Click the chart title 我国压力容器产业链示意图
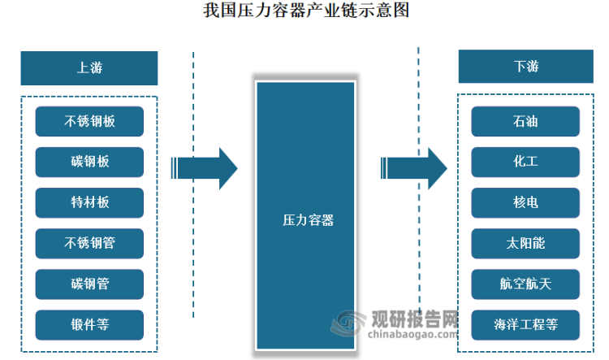(x=304, y=12)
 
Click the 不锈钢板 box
(x=89, y=121)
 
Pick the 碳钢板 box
(x=89, y=162)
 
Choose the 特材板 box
(x=89, y=202)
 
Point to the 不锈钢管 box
(x=89, y=243)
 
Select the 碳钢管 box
(x=89, y=284)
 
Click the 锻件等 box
(x=89, y=324)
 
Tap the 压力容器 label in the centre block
(x=307, y=219)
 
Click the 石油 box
(x=526, y=121)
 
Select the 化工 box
(x=526, y=162)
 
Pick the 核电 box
(x=526, y=202)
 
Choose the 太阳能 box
(x=526, y=243)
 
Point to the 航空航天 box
(x=526, y=284)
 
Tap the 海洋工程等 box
(x=526, y=324)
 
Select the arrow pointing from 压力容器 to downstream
(x=414, y=169)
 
